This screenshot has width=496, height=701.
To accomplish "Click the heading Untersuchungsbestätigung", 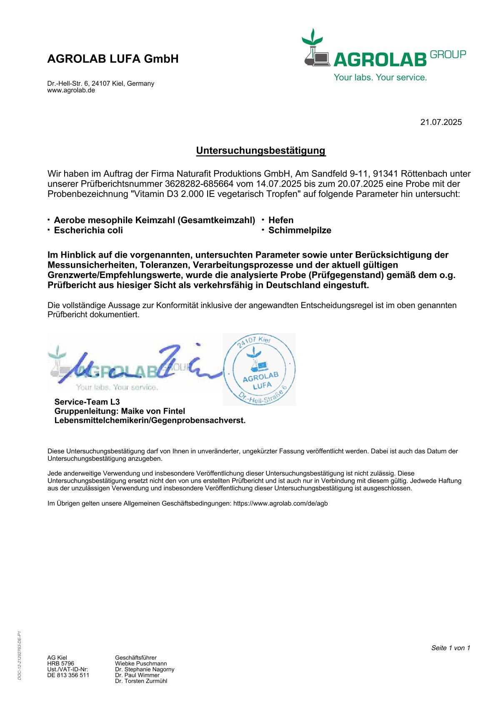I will [261, 151].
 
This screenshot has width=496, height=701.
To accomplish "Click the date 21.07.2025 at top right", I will [441, 122].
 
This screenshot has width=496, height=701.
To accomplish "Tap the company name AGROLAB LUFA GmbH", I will [113, 59].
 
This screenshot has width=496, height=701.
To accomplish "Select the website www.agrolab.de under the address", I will [71, 90].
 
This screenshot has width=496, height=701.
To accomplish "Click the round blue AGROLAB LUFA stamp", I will [259, 370].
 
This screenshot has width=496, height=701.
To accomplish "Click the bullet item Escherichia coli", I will [88, 230].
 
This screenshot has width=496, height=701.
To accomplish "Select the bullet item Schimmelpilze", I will [300, 230].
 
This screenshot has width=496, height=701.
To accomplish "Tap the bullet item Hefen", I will [281, 220].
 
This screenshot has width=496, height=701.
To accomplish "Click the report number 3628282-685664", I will [199, 184].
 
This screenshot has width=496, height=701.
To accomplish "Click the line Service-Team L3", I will [87, 402].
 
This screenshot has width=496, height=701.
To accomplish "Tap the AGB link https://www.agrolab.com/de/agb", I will [281, 503].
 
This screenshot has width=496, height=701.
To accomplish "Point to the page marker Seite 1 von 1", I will [451, 648].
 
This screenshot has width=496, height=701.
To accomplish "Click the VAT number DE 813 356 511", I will [68, 675].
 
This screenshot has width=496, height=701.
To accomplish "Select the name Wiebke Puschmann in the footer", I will [141, 664].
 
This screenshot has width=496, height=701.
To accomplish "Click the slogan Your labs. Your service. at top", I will [380, 77].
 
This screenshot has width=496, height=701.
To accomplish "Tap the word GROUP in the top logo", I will [448, 55].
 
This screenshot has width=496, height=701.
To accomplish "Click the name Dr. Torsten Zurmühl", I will [141, 681].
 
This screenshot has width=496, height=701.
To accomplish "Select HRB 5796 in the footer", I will [61, 664].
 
